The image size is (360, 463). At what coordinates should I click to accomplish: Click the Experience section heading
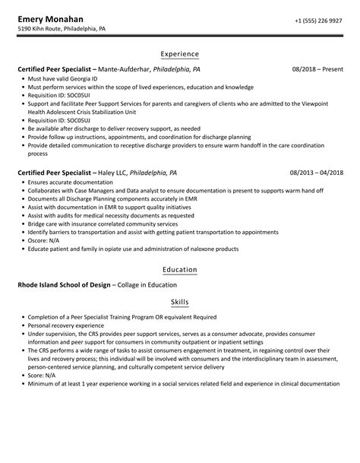[x=180, y=54]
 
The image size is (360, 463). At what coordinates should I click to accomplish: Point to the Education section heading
[x=180, y=269]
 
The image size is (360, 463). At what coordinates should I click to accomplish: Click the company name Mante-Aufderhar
[x=137, y=69]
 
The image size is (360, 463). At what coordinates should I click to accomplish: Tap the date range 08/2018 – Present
[x=317, y=69]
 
